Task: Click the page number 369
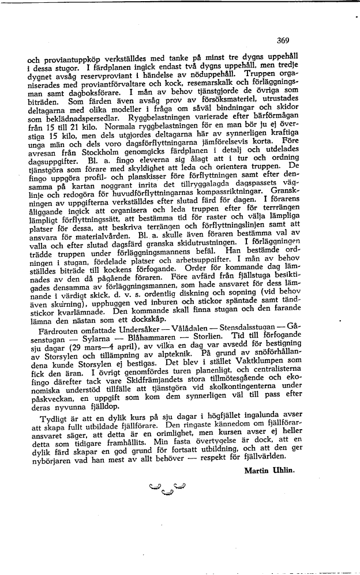[x=283, y=40]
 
